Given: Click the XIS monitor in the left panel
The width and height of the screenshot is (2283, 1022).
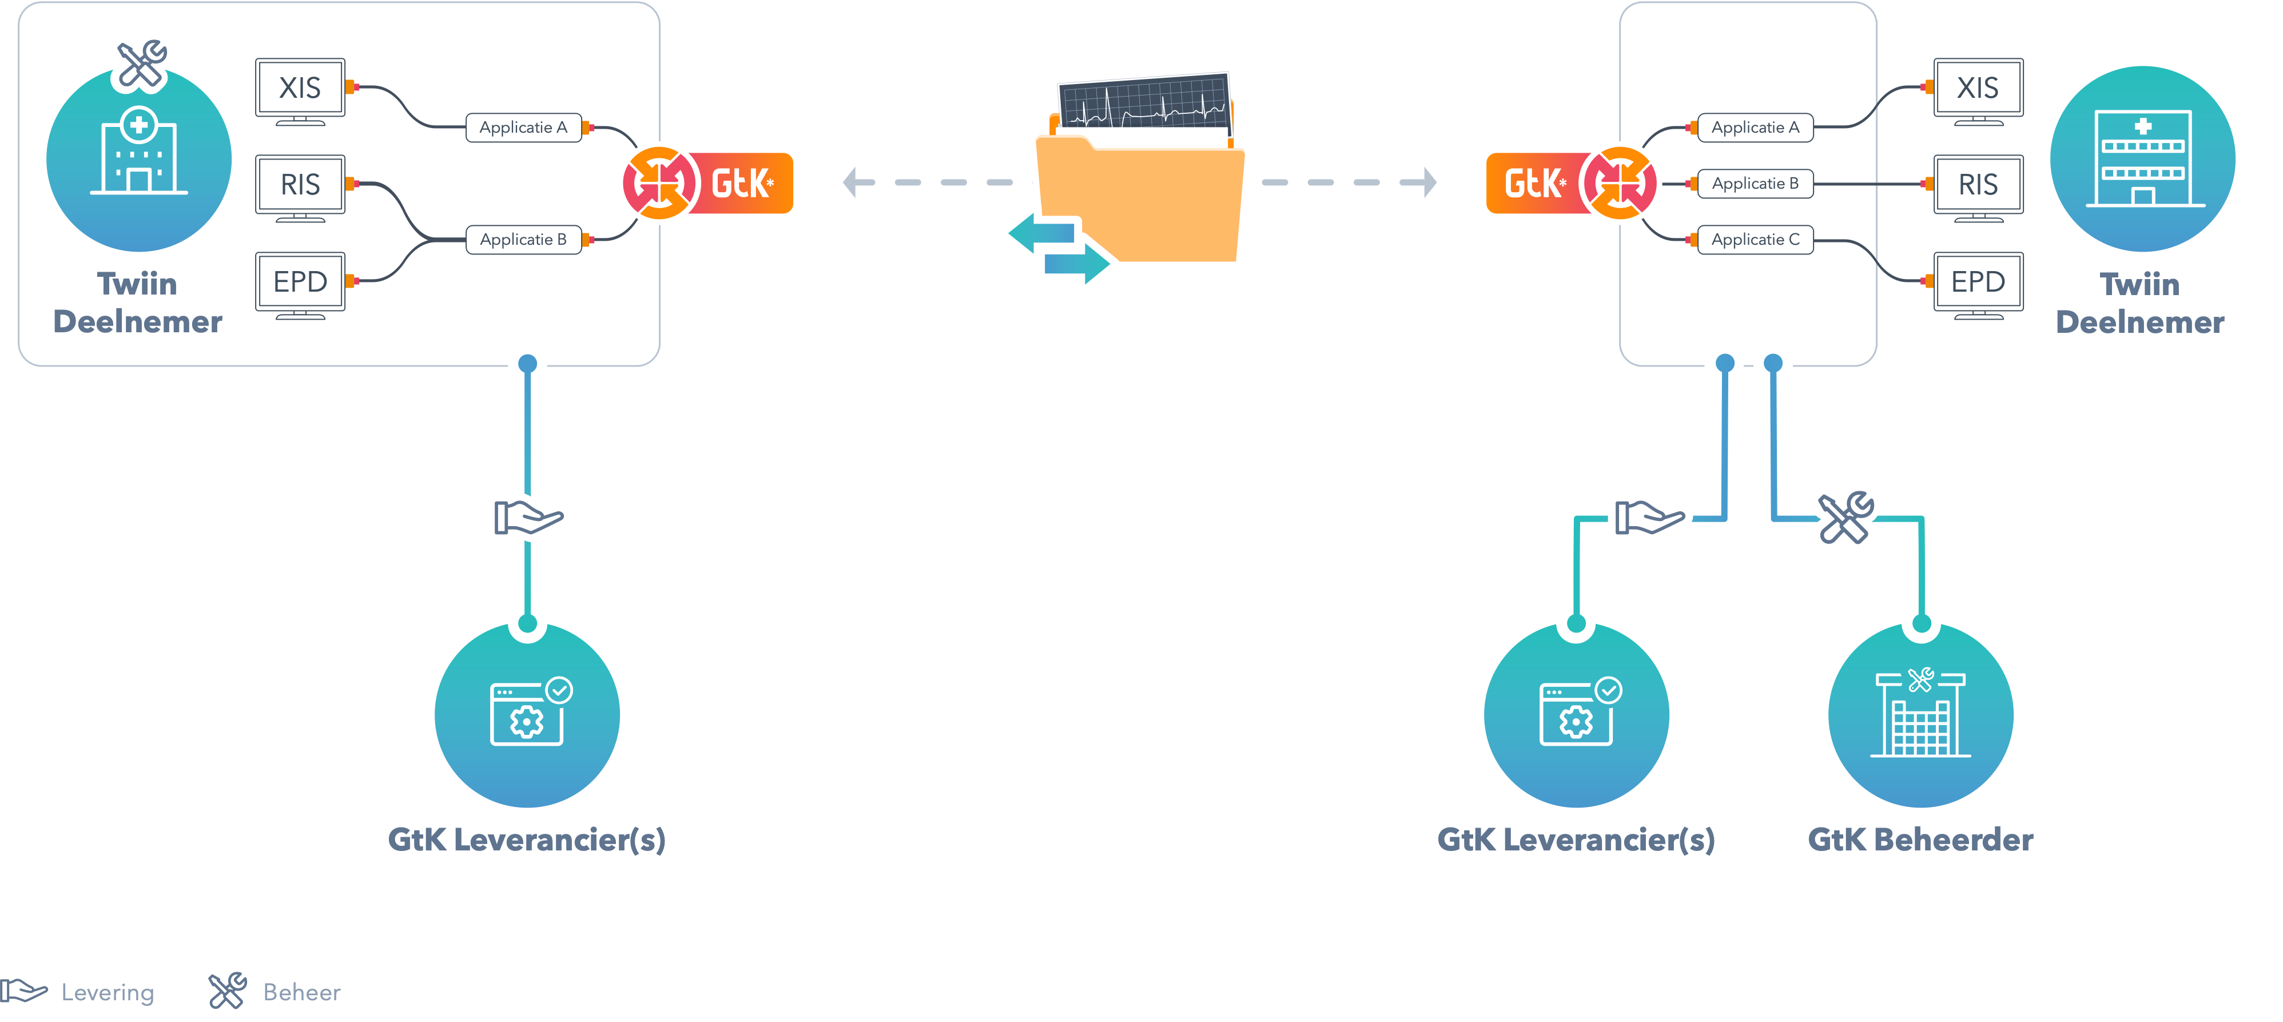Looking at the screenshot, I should tap(300, 89).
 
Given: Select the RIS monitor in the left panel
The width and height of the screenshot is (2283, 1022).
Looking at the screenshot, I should tap(300, 185).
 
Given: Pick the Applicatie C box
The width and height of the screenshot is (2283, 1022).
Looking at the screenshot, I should tap(1755, 239).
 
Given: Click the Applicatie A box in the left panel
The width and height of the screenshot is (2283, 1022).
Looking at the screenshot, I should tap(523, 128).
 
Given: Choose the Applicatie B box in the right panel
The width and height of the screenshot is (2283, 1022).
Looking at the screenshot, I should tap(1755, 184).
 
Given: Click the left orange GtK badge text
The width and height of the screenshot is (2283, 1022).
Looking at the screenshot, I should tap(742, 184).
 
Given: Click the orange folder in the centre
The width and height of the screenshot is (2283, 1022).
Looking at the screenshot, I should tap(1143, 204).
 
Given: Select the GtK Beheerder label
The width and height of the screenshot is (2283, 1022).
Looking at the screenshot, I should tap(1920, 840).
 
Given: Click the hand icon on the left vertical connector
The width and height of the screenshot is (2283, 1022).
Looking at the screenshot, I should tap(527, 518).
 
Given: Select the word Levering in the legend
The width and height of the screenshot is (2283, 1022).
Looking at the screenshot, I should tap(108, 992).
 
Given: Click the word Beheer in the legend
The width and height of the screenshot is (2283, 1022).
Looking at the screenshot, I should tap(301, 992).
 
